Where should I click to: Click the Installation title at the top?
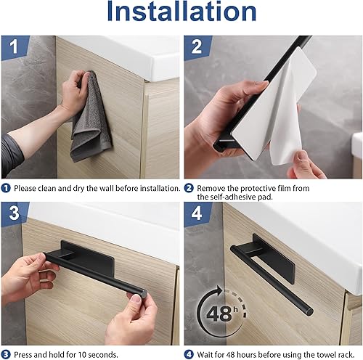[x=181, y=12]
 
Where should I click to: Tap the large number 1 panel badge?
[x=15, y=46]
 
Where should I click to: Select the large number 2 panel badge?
[x=197, y=46]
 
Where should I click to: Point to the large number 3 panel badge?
[x=14, y=213]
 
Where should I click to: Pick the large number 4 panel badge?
[x=197, y=213]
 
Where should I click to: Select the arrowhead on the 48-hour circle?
[x=219, y=290]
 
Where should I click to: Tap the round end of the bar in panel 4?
[x=309, y=311]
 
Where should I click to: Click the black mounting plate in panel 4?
[x=274, y=259]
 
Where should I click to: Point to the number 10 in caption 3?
[x=81, y=355]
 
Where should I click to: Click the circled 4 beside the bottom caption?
[x=189, y=355]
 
